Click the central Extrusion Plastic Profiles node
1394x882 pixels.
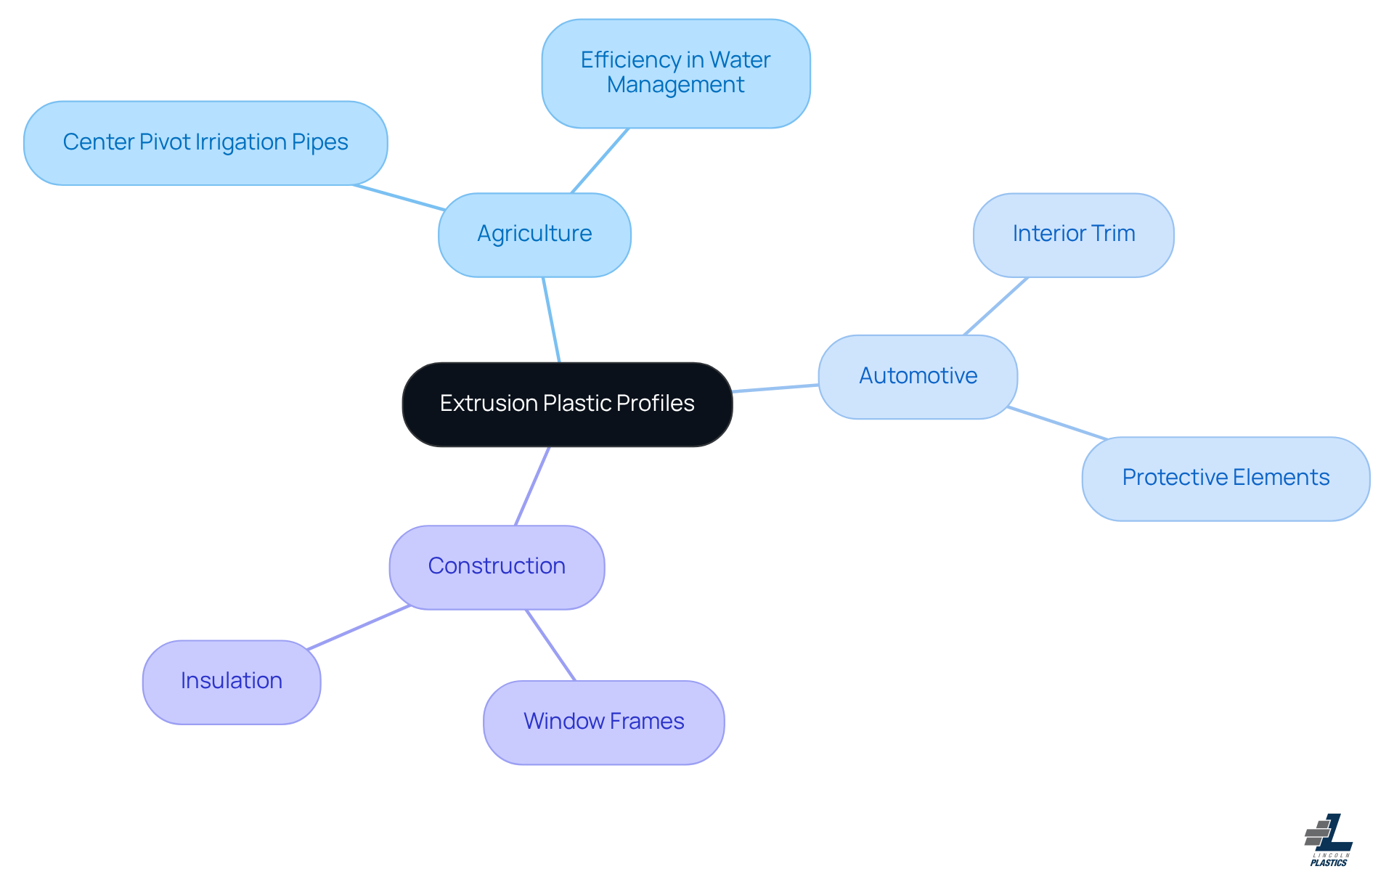(x=567, y=404)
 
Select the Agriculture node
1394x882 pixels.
(x=534, y=234)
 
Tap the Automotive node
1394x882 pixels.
(x=918, y=376)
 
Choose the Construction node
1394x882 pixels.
(x=497, y=566)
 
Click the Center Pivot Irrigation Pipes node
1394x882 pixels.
(x=205, y=142)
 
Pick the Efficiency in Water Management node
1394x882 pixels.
(x=675, y=73)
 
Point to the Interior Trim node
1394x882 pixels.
(x=1073, y=234)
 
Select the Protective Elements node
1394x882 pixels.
(x=1226, y=478)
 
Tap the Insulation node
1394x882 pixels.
(x=232, y=681)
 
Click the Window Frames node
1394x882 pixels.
(x=603, y=722)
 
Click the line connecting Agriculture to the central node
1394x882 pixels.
(x=551, y=319)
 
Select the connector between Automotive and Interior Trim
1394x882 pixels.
(x=995, y=306)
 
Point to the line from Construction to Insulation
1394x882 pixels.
(x=359, y=627)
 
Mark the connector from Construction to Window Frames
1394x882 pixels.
(x=550, y=645)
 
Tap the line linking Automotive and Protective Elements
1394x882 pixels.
(x=1057, y=423)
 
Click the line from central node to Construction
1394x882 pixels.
(x=532, y=486)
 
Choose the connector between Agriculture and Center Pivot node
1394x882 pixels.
(x=399, y=197)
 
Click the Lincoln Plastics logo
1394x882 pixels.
(x=1329, y=840)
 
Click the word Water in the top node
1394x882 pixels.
(x=740, y=60)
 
